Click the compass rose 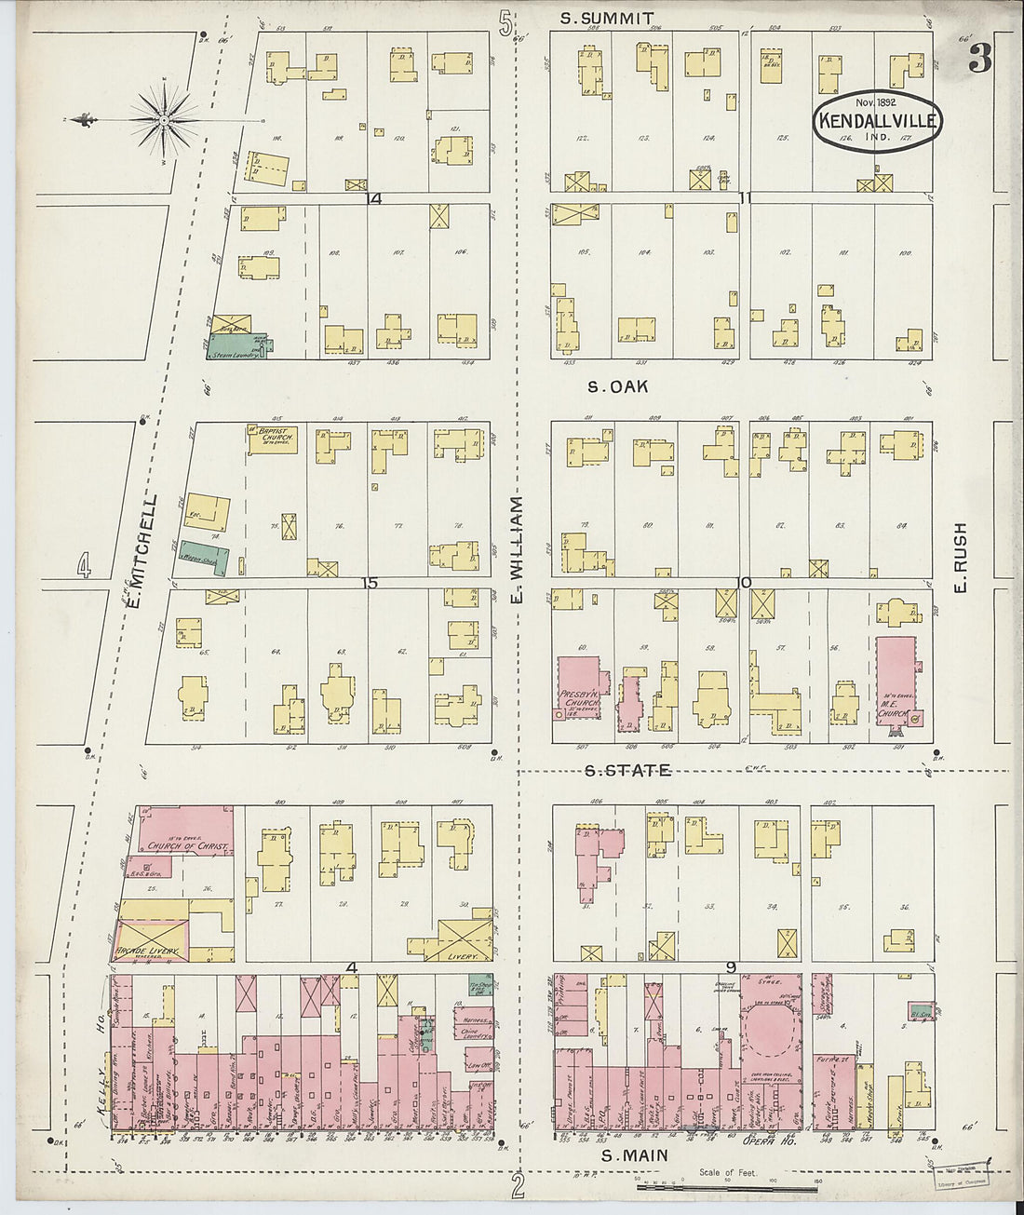[164, 119]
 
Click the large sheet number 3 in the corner [979, 58]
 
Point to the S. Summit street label [608, 18]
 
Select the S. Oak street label [617, 385]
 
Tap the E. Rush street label [960, 557]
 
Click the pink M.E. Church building [896, 684]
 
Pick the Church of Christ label [189, 846]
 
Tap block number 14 [374, 198]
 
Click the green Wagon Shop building [203, 557]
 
